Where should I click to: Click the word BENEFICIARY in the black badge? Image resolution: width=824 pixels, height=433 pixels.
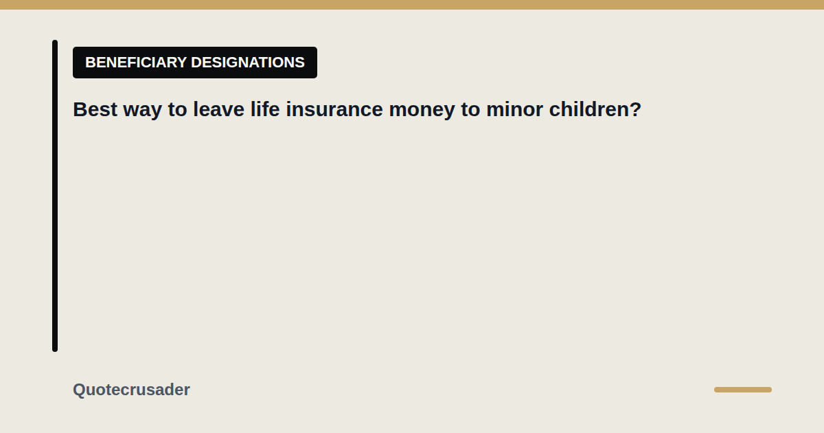136,63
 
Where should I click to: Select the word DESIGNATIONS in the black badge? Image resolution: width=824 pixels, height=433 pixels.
248,63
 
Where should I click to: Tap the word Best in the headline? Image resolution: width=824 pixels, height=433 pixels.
95,109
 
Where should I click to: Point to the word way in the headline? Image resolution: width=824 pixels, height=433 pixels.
142,111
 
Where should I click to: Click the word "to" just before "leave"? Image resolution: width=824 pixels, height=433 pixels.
177,110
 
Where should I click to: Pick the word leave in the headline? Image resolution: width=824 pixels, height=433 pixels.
218,109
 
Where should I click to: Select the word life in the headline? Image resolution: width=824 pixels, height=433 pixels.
265,109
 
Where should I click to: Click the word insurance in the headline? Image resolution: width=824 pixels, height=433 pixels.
334,109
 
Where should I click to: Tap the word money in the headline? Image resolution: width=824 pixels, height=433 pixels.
422,111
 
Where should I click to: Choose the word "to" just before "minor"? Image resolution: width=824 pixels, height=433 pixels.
470,110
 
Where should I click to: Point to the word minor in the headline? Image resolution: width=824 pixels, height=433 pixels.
514,109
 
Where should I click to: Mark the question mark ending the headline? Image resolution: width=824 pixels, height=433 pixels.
636,109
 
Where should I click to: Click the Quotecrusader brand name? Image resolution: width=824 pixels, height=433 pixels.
131,390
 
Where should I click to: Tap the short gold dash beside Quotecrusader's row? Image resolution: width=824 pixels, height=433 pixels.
743,390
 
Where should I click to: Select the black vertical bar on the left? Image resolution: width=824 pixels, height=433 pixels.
55,196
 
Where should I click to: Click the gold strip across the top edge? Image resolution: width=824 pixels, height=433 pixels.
412,5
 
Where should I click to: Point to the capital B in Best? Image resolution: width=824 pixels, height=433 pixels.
80,109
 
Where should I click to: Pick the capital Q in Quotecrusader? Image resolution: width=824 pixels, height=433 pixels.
80,390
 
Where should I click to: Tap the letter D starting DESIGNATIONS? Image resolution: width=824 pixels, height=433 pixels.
197,63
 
